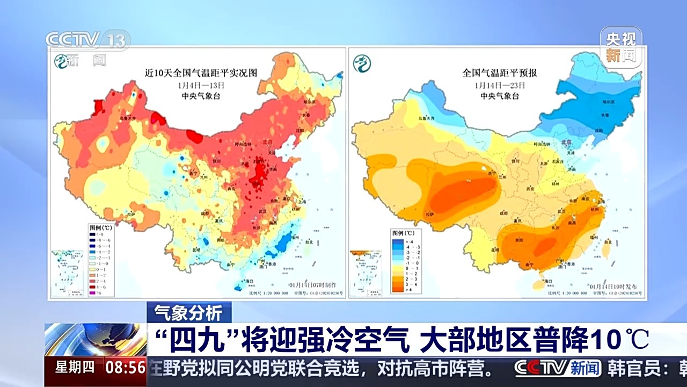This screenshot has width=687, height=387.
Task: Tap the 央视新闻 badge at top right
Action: (621, 47)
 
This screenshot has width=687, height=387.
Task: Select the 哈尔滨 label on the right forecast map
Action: (606, 102)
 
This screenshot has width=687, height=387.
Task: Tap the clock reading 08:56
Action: (126, 368)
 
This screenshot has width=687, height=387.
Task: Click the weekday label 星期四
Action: (75, 368)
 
